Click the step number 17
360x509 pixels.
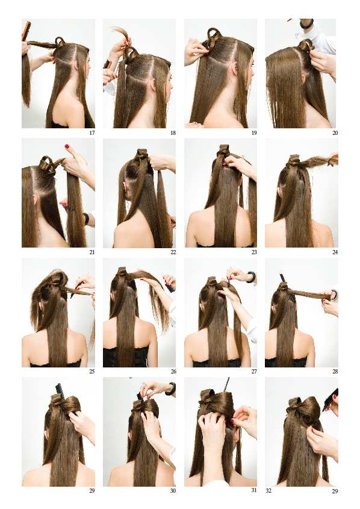[92, 133]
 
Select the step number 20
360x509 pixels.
[335, 133]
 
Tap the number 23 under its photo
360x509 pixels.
[254, 252]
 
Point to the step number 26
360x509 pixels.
[173, 372]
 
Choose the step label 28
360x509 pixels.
[335, 372]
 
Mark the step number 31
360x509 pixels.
[254, 490]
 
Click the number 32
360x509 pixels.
[268, 490]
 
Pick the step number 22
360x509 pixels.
[173, 252]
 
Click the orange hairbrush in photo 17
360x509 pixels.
[26, 31]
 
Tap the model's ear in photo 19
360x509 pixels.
[235, 68]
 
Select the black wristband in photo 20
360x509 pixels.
[306, 23]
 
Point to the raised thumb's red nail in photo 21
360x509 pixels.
[67, 146]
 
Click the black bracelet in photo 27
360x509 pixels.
[252, 277]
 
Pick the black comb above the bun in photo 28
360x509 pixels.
[282, 278]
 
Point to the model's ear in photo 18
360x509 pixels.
[152, 84]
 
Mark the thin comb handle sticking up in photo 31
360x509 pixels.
[226, 385]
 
